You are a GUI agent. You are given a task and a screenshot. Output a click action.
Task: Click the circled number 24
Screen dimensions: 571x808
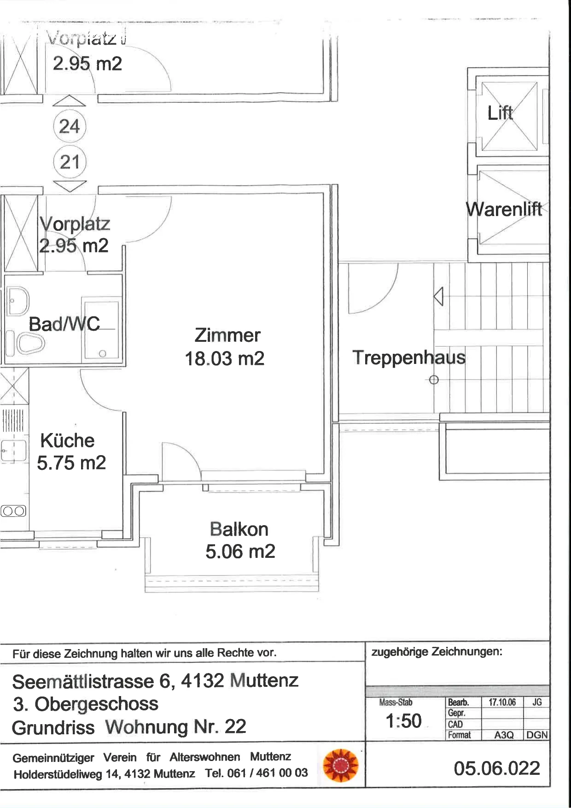point(70,126)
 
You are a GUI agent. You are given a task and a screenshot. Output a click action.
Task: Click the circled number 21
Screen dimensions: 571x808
point(70,162)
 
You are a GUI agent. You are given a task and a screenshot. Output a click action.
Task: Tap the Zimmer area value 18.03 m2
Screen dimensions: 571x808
point(225,358)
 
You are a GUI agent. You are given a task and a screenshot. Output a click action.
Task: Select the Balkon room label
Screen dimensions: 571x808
point(239,529)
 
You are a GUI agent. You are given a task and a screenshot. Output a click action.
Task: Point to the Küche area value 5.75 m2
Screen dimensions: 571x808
point(71,463)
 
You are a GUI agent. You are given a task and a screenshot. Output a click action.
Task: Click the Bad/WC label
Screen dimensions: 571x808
point(64,324)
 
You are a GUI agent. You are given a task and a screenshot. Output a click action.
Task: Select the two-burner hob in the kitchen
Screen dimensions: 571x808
point(14,511)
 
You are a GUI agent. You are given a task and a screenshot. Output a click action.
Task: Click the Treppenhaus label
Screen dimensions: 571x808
point(409,357)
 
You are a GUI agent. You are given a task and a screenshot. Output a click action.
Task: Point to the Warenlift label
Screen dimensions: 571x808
point(504,209)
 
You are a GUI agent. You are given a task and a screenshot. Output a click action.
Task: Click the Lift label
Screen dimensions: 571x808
point(500,112)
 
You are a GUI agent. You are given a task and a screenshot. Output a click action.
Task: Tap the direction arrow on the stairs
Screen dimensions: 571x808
point(438,296)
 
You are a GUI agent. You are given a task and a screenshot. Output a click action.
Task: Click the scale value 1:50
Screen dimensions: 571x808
point(403,721)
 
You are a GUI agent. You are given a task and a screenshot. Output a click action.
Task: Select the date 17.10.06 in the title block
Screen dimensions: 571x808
point(502,702)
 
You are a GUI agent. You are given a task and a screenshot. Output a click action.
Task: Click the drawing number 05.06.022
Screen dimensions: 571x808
point(497,768)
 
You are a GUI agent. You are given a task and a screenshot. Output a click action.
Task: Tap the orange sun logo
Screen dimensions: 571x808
point(341,766)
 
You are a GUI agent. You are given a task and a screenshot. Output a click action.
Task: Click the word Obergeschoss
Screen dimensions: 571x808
point(97,704)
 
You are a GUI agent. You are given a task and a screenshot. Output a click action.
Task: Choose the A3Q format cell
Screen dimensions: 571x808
point(504,735)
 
